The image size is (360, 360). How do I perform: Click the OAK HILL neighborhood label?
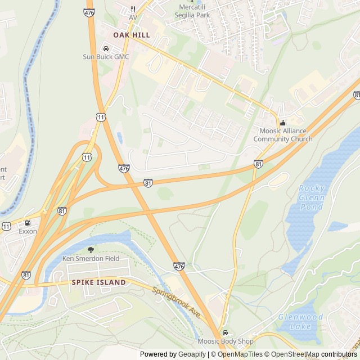tap(132, 35)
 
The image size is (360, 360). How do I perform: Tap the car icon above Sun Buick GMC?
tap(106, 48)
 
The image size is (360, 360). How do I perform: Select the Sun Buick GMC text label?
tap(106, 57)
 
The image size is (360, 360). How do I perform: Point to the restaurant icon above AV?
tap(133, 9)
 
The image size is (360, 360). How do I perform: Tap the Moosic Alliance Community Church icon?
tap(283, 123)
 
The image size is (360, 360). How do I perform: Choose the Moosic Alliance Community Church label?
tap(283, 135)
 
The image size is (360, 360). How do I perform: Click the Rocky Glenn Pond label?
tap(311, 197)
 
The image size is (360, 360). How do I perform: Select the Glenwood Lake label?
tap(300, 322)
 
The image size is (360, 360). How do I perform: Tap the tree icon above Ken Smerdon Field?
tap(91, 250)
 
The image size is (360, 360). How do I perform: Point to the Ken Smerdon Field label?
tap(91, 258)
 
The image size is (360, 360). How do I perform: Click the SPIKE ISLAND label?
tap(98, 282)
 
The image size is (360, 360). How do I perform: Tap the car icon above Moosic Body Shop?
tap(226, 333)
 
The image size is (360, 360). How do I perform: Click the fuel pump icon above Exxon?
tap(28, 223)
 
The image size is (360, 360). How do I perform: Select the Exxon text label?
tap(28, 231)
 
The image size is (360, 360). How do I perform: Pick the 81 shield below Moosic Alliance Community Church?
tap(258, 164)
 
